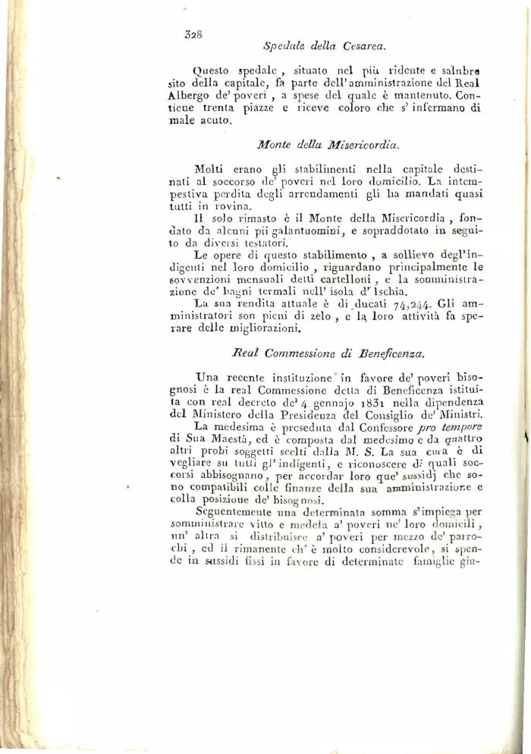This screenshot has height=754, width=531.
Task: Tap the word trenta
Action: click(x=232, y=110)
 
